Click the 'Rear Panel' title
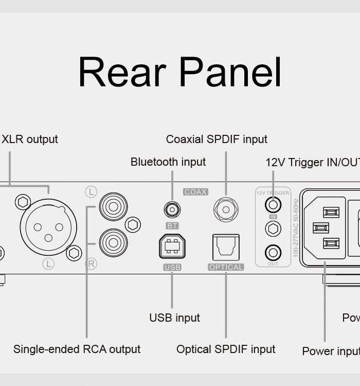(x=180, y=73)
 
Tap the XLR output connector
(x=48, y=227)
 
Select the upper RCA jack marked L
(x=113, y=205)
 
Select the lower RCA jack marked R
(x=113, y=242)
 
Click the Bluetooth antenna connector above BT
(x=172, y=209)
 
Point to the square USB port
(x=172, y=247)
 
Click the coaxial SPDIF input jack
(x=226, y=209)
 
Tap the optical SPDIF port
(x=226, y=247)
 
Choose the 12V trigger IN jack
(x=273, y=204)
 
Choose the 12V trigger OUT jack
(x=273, y=253)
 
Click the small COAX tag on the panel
(x=195, y=192)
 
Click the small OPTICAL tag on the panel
(x=226, y=267)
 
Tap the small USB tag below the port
(x=172, y=267)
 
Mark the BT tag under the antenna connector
(x=172, y=225)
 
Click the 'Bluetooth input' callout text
(x=168, y=162)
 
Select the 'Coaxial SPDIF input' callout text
(x=217, y=139)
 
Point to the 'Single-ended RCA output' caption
(x=77, y=349)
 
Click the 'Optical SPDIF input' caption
(x=226, y=349)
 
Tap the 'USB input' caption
(x=174, y=318)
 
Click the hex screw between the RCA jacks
(x=133, y=224)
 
